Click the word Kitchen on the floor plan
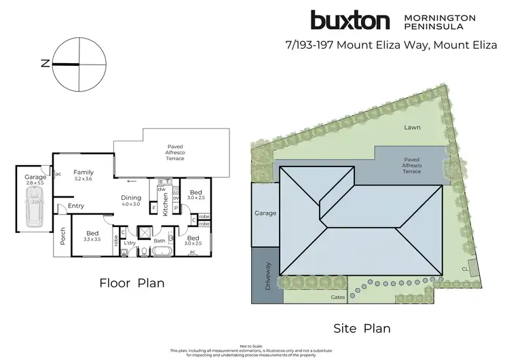pyautogui.click(x=165, y=204)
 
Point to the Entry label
pyautogui.click(x=75, y=206)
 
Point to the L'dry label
pyautogui.click(x=130, y=242)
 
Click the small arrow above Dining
pyautogui.click(x=130, y=181)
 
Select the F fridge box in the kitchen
pyautogui.click(x=154, y=207)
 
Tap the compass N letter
pyautogui.click(x=45, y=64)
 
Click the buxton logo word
pyautogui.click(x=350, y=20)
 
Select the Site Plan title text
pyautogui.click(x=362, y=329)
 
